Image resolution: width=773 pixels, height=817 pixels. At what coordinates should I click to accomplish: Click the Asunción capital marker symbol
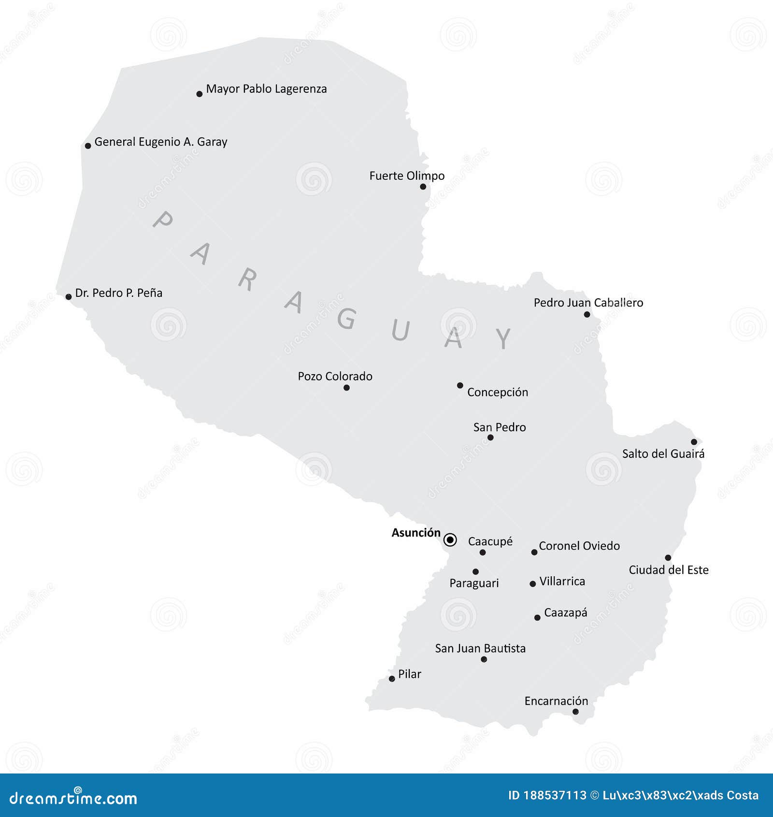point(450,540)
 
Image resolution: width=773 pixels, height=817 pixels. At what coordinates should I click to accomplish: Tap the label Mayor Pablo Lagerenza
point(266,89)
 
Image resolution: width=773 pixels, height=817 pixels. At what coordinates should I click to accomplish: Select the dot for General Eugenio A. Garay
point(88,146)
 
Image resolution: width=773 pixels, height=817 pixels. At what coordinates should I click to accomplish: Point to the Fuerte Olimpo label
point(407,176)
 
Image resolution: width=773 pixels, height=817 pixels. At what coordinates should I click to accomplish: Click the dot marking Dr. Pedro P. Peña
point(69,296)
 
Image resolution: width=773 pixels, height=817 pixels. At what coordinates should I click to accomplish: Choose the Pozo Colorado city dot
point(346,388)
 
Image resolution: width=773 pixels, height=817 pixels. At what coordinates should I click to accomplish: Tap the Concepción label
point(497,392)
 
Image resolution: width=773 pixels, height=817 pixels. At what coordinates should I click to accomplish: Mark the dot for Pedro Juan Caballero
point(587,314)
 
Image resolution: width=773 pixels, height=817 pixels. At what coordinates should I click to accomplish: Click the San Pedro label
point(500,427)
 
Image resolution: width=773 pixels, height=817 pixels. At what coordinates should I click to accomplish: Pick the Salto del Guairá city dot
point(694,441)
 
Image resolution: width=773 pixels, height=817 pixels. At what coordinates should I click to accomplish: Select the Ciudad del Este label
point(669,570)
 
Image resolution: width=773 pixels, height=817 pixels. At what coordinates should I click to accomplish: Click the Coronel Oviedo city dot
point(534,552)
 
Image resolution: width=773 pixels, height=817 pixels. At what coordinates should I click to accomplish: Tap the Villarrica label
point(562,581)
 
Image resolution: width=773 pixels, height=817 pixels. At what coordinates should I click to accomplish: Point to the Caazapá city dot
point(537,617)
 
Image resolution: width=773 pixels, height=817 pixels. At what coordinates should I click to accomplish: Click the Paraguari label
point(474,583)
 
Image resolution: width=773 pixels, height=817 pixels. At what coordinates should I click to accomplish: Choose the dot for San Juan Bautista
point(484,659)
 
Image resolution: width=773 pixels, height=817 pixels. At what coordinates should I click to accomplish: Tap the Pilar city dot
point(392,679)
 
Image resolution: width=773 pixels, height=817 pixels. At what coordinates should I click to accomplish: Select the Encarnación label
point(556,701)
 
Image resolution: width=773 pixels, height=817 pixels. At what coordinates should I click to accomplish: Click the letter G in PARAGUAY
point(347,318)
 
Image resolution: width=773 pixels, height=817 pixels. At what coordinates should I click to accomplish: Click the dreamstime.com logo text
point(73,798)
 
